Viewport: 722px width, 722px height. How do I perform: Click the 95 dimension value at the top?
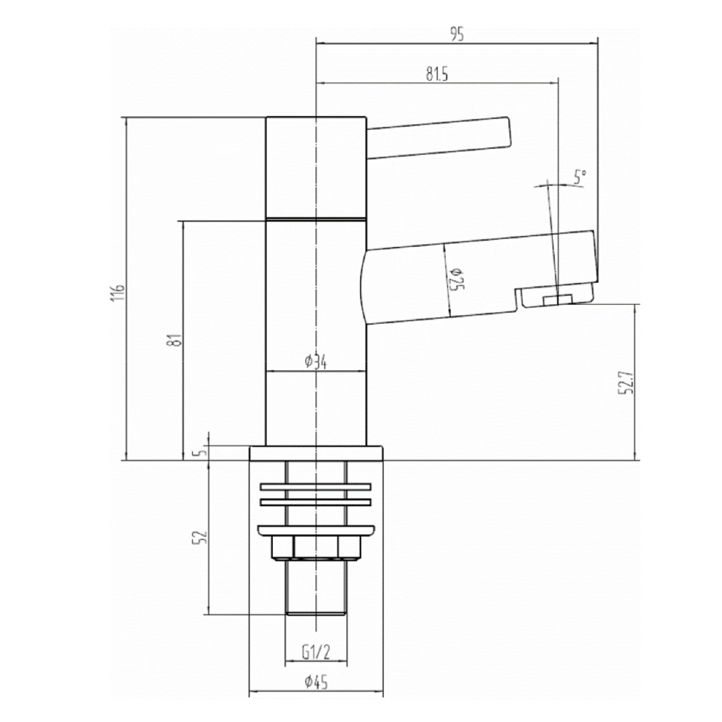tap(456, 35)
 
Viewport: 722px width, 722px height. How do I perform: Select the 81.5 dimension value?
tap(436, 74)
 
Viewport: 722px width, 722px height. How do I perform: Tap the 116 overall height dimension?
tap(118, 293)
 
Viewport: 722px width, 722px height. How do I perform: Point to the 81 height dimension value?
tap(175, 340)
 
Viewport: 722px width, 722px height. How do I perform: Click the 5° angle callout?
tap(580, 177)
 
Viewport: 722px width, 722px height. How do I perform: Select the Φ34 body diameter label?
tap(316, 362)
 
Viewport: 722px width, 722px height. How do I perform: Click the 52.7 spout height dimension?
tap(627, 383)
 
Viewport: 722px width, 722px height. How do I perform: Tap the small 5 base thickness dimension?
tap(200, 452)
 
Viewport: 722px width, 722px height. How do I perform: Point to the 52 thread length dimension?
tap(200, 537)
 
